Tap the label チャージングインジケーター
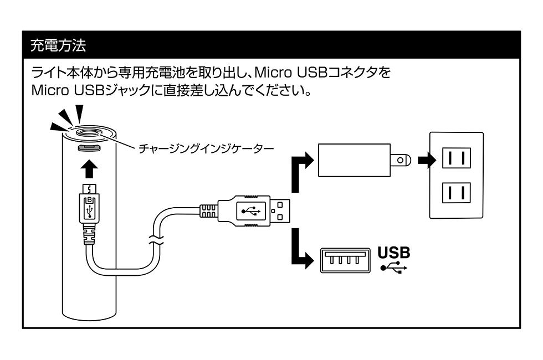[207, 149]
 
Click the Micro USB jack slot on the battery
[89, 148]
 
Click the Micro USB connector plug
[89, 208]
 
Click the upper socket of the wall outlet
[456, 158]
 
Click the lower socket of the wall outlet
[456, 195]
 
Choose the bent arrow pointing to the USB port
[303, 250]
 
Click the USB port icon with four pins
[345, 259]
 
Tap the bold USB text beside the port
[394, 253]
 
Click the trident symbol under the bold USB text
[394, 268]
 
